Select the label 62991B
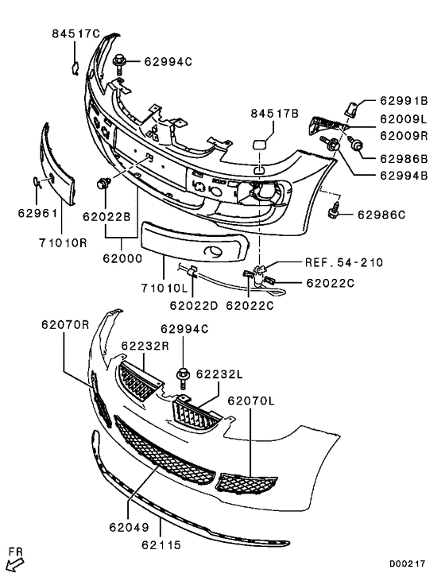404,101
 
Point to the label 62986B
404,157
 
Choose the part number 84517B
274,114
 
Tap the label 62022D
193,303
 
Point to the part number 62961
33,213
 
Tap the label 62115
162,545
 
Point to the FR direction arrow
15,564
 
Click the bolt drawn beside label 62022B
103,184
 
